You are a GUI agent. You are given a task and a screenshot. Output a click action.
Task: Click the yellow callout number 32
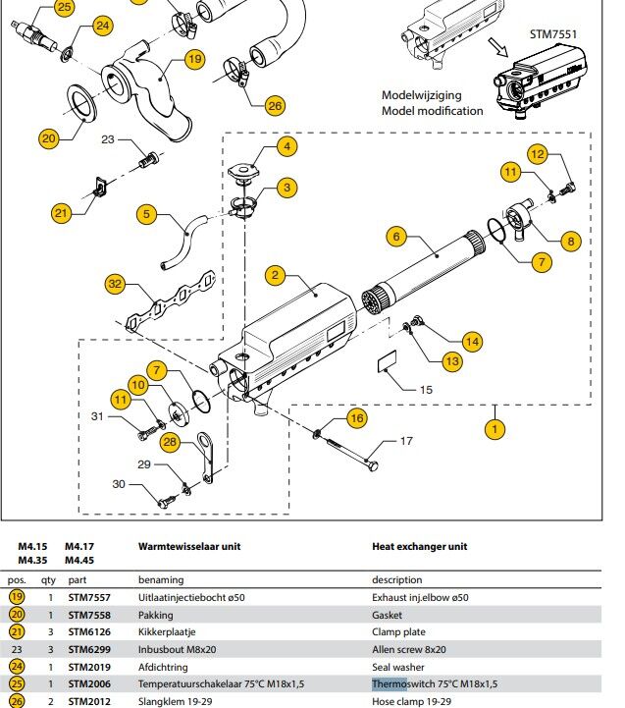(x=117, y=285)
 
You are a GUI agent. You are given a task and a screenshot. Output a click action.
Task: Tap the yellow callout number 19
(x=194, y=59)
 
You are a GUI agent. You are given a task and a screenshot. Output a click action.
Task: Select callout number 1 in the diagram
(x=495, y=428)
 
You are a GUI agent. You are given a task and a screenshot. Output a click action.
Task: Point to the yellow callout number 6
(x=396, y=236)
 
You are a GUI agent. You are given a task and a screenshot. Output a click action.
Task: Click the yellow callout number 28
(x=172, y=443)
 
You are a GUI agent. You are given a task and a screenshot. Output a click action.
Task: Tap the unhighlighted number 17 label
(x=406, y=442)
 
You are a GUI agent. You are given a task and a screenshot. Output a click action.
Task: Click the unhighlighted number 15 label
(x=427, y=390)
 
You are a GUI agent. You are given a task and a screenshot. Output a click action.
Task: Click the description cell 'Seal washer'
(x=405, y=667)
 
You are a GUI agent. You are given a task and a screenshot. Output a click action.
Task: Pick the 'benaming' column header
(x=160, y=579)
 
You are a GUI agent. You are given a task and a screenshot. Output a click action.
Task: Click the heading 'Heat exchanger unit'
(x=419, y=546)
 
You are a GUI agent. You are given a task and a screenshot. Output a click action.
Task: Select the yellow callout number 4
(x=286, y=147)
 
